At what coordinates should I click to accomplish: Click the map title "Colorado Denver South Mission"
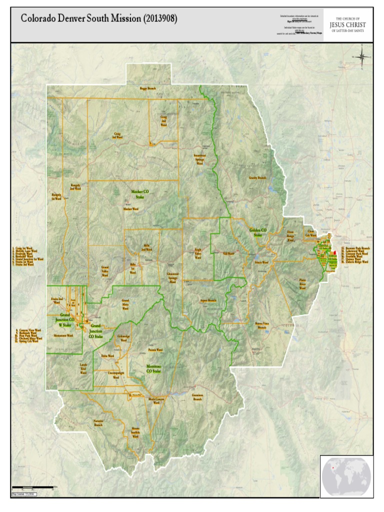coord(98,19)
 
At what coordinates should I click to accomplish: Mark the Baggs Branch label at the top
coord(148,88)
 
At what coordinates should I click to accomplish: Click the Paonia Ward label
coord(154,350)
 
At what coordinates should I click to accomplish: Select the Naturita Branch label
coord(98,423)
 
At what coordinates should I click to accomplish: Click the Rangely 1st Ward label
coord(56,196)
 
